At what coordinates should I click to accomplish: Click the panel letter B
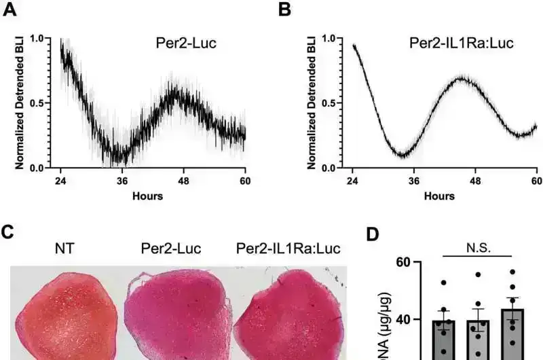[x=285, y=11]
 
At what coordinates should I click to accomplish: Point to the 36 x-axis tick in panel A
[x=121, y=181]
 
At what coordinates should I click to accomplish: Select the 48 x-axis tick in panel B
[x=476, y=181]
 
